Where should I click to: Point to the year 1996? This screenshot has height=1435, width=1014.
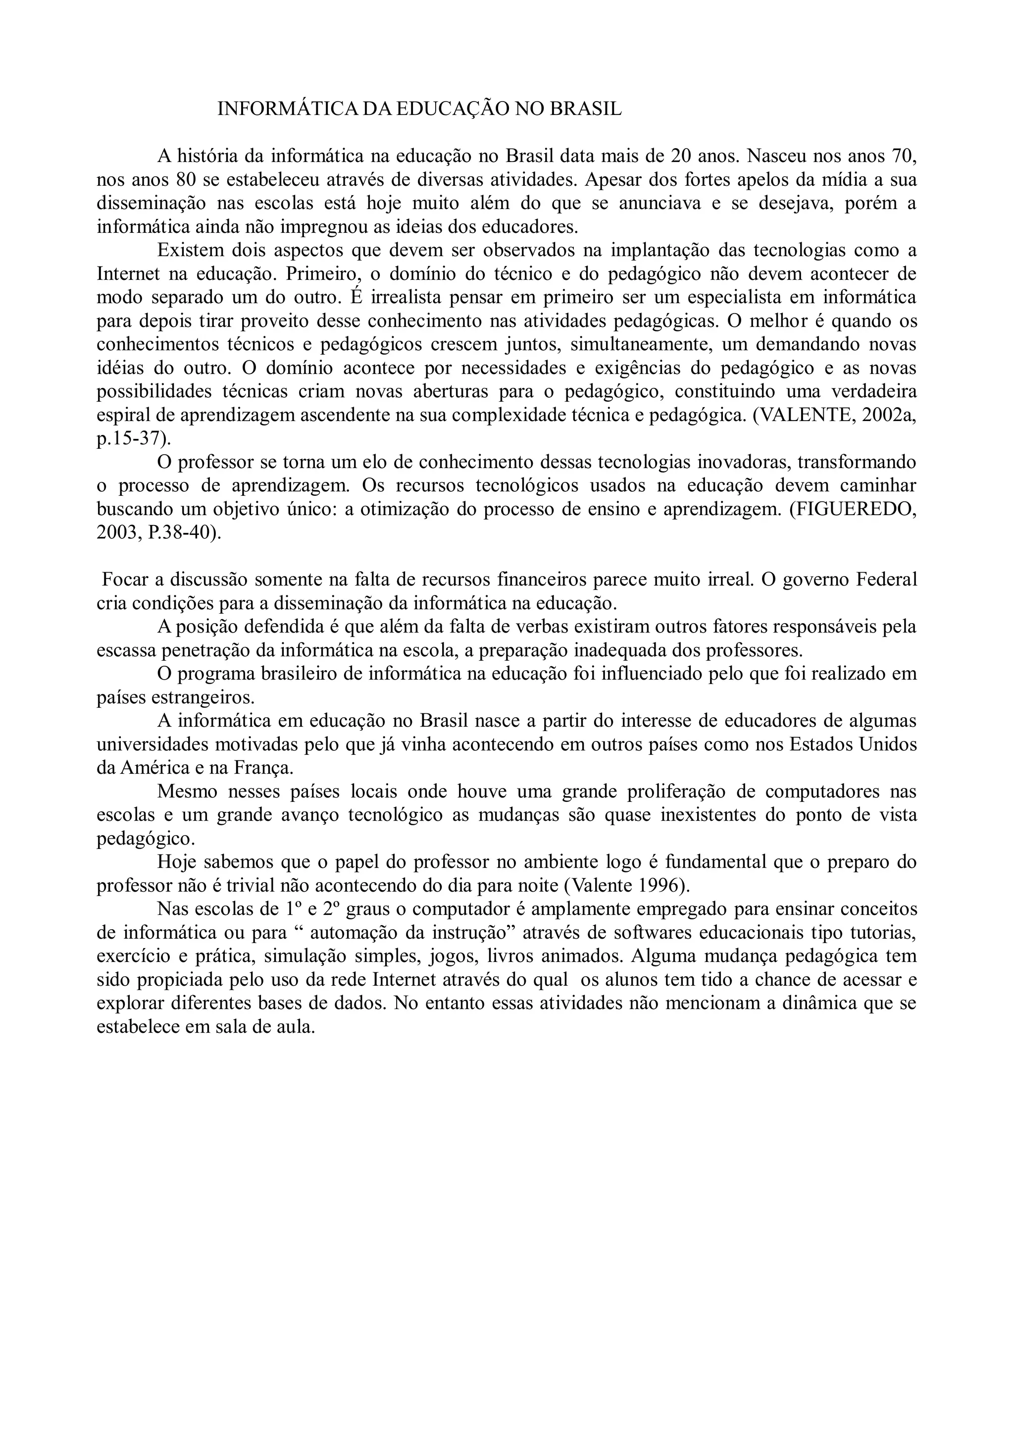(x=658, y=886)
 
